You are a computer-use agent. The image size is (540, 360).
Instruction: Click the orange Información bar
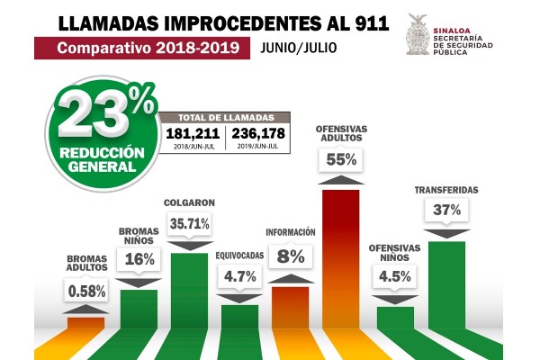click(x=290, y=310)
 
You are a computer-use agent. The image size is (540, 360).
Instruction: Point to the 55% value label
click(x=341, y=159)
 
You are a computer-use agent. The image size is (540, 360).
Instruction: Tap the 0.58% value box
click(x=87, y=291)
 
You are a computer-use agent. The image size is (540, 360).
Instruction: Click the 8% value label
click(x=291, y=256)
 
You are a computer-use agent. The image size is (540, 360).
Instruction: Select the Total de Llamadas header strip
click(x=226, y=115)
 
